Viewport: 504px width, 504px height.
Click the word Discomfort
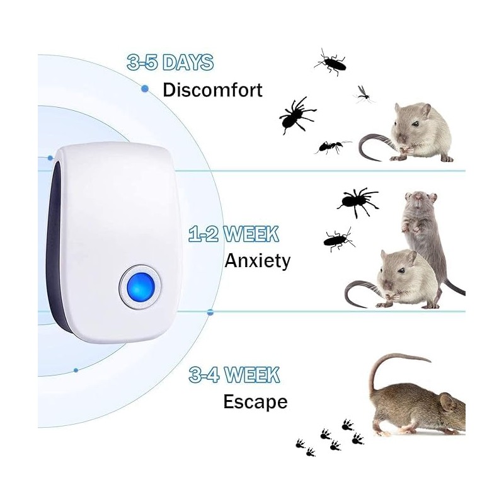coord(212,89)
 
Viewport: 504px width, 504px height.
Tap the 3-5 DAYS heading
coord(170,62)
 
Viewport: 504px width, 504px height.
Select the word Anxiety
coord(258,260)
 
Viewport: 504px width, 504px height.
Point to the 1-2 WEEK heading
coord(233,234)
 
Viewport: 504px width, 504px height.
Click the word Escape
coord(255,401)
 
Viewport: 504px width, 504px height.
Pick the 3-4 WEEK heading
coord(234,375)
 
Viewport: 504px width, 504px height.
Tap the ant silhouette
coord(332,147)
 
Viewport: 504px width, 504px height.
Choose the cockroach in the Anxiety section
coord(339,238)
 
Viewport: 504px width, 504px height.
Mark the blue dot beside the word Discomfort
coord(145,89)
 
